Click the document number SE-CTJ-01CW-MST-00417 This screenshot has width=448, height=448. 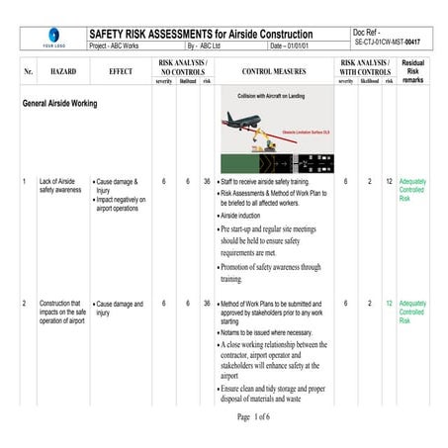click(x=393, y=44)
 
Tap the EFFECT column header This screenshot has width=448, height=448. click(x=121, y=72)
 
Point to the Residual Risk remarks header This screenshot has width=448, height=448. click(x=412, y=71)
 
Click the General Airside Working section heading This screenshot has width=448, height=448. click(x=60, y=103)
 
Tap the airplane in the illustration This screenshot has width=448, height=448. click(x=244, y=120)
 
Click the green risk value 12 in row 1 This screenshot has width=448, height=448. click(x=390, y=182)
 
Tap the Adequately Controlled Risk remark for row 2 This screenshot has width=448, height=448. click(x=413, y=312)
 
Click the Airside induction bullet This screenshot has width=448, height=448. click(x=240, y=215)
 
